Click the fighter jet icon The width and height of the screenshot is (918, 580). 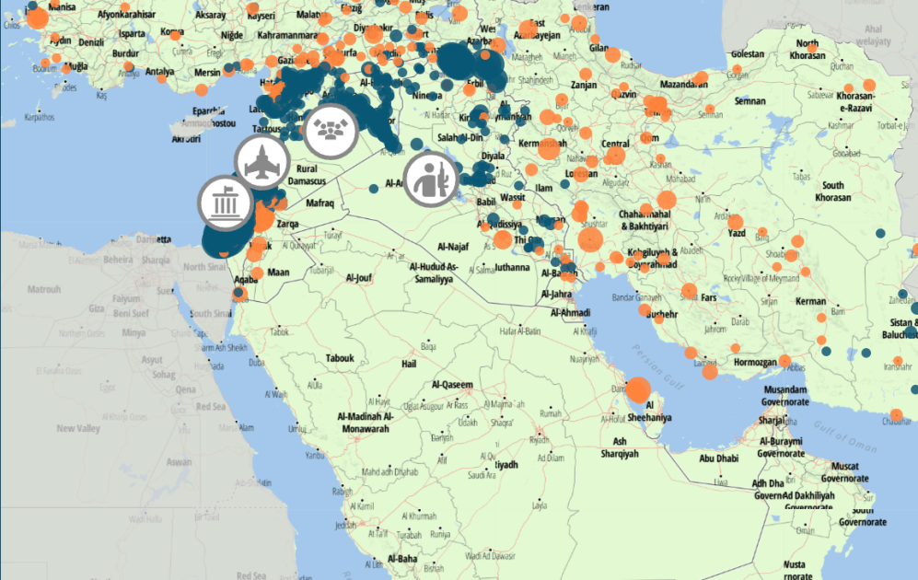262,163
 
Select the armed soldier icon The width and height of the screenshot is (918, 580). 430,178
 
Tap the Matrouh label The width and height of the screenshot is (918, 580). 44,289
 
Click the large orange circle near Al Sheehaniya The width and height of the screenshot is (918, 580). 637,389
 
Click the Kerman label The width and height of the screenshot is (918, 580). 811,301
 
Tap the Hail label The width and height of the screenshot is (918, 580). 412,365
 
